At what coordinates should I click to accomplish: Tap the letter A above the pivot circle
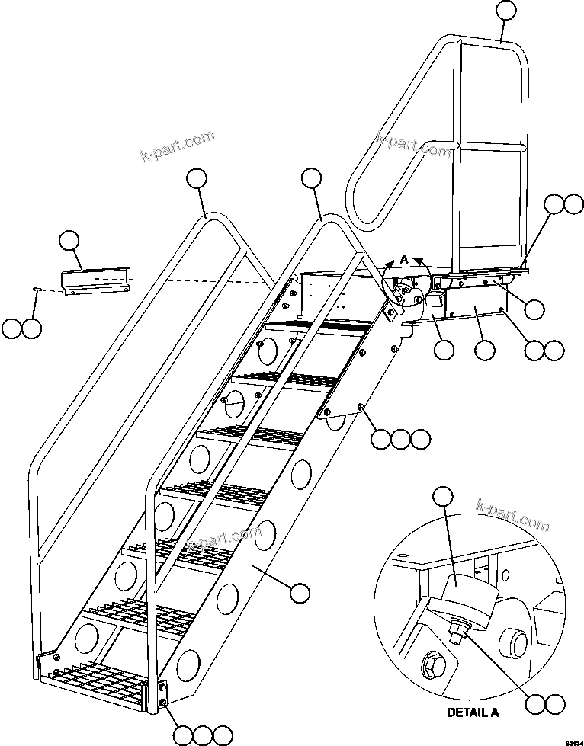tap(404, 258)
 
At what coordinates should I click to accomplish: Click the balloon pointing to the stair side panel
tap(299, 591)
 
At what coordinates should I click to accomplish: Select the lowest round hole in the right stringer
tap(187, 664)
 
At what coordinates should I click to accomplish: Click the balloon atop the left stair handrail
tap(196, 179)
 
